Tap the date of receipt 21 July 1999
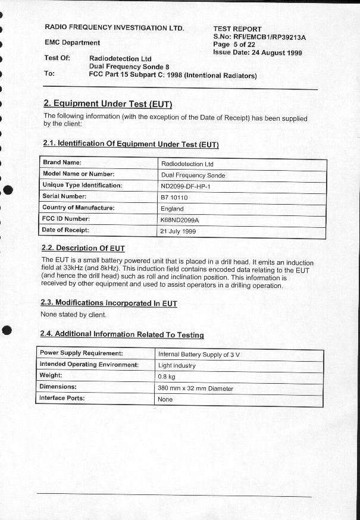[178, 231]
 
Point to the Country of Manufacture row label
[78, 208]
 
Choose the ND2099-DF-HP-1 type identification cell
[186, 186]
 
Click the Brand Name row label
[62, 162]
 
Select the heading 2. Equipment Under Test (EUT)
[108, 104]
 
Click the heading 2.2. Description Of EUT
[83, 248]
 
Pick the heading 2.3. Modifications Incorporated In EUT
[108, 303]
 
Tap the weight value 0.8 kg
[167, 377]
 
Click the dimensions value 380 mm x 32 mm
[195, 389]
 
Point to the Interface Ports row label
[62, 398]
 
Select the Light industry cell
[177, 365]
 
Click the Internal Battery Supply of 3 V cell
[198, 354]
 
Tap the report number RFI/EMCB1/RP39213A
[268, 37]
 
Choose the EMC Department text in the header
[72, 42]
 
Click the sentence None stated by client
[73, 314]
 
